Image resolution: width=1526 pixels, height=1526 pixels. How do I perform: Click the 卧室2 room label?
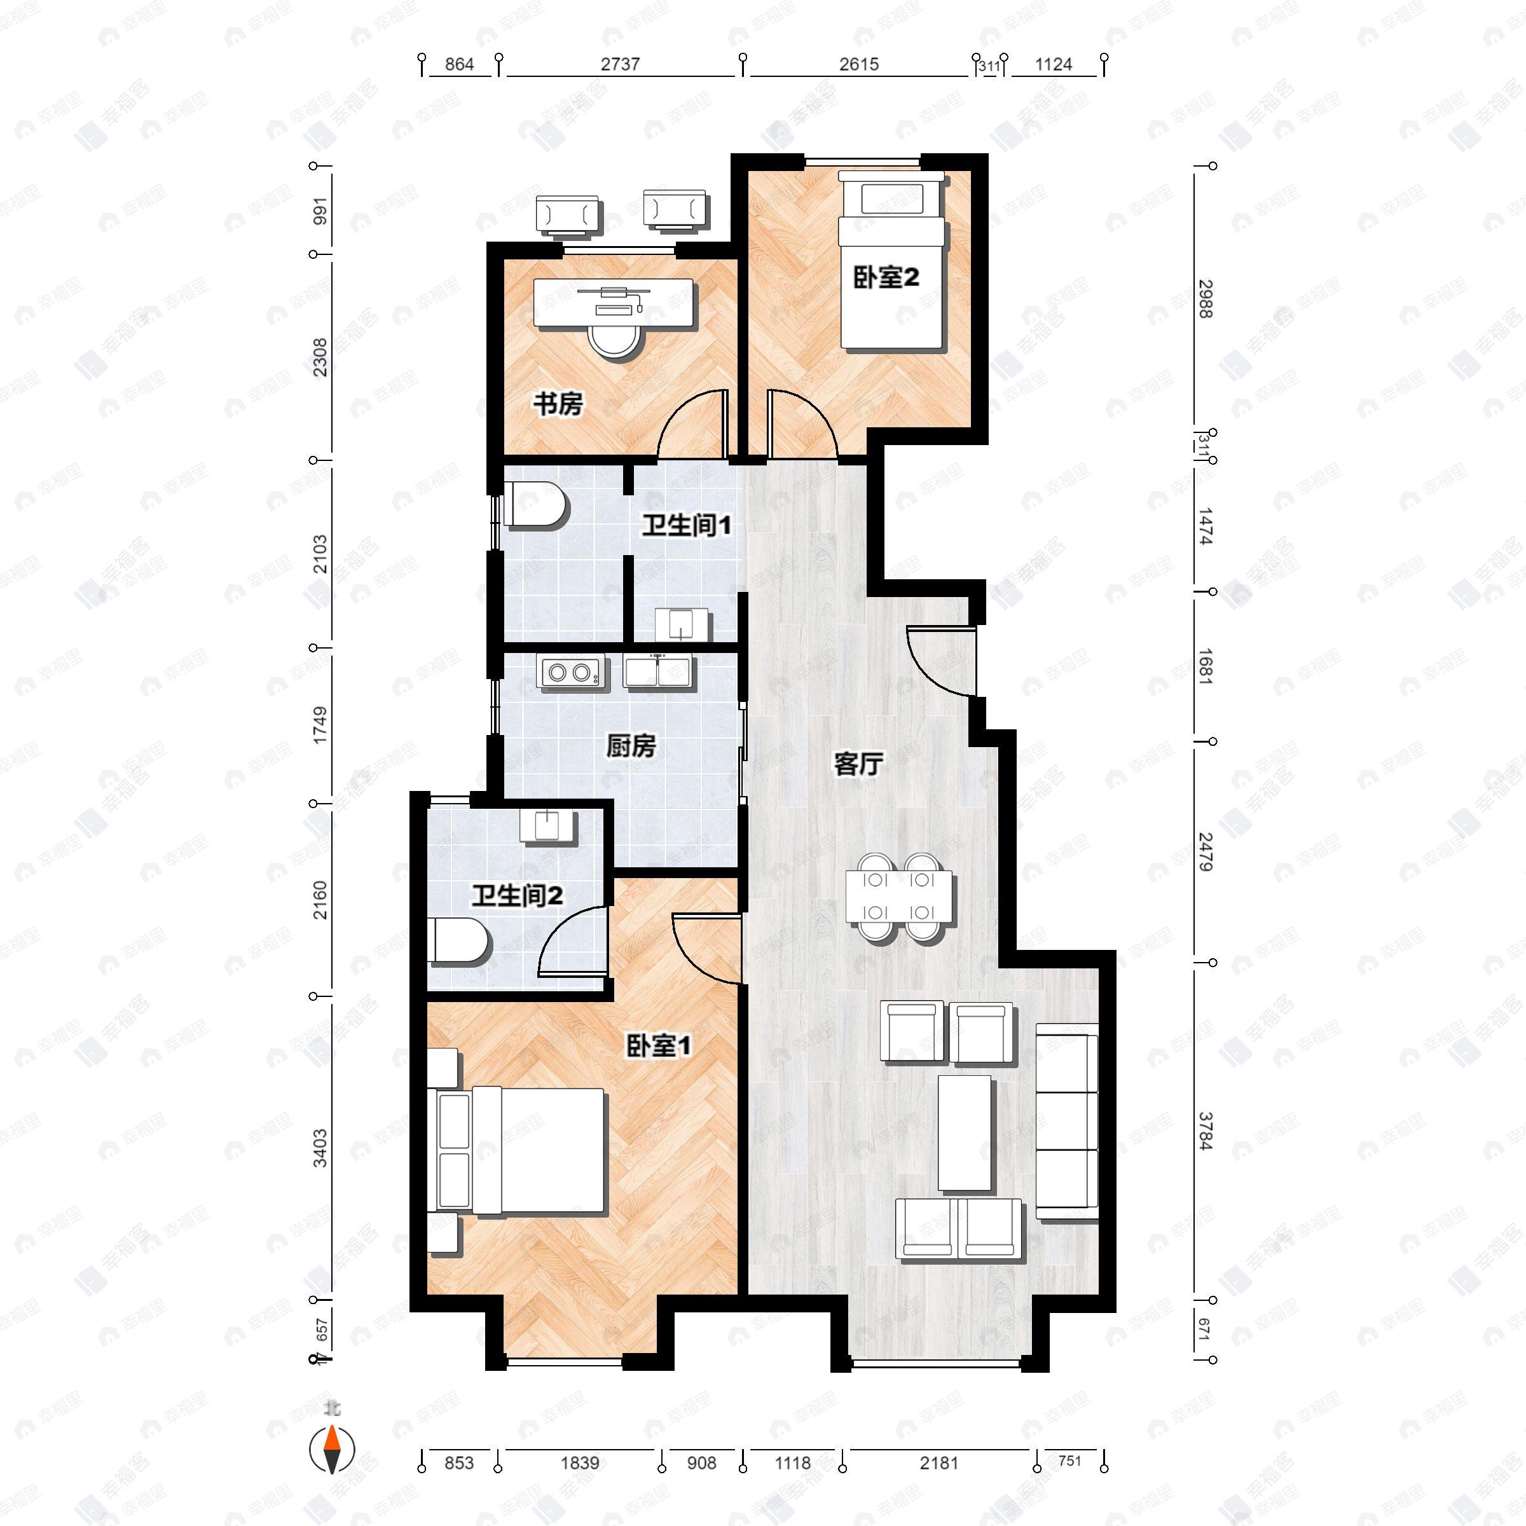tap(886, 277)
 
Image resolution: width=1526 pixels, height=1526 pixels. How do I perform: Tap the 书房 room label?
tap(558, 404)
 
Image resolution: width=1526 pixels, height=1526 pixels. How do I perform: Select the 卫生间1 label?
tap(685, 525)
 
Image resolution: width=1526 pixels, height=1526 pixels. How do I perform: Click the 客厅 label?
tap(858, 763)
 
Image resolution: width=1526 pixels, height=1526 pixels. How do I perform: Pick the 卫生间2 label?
tap(518, 896)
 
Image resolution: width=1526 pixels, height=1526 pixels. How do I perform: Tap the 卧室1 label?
tap(658, 1046)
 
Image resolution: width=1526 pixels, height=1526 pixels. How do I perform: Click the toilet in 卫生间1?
tap(538, 505)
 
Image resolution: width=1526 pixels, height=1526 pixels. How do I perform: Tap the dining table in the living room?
tap(899, 897)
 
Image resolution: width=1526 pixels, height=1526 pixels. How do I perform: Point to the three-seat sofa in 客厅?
tap(1066, 1122)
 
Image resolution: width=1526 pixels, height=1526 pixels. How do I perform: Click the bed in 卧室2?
tap(891, 261)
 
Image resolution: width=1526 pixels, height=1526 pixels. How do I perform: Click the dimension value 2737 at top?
tap(620, 64)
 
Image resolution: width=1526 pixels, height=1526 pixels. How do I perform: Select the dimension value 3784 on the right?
tap(1204, 1131)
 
